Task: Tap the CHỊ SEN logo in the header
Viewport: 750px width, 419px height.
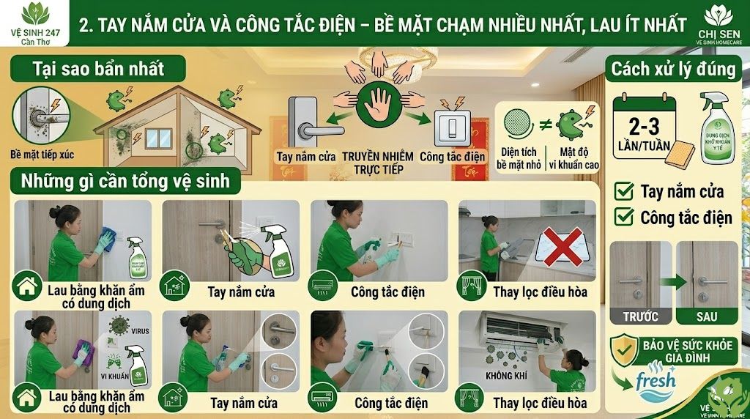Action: pos(718,16)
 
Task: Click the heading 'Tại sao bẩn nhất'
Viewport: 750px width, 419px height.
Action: pos(97,70)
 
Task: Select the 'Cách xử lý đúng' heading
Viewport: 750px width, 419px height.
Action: pos(673,70)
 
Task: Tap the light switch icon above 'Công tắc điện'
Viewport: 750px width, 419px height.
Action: pos(451,126)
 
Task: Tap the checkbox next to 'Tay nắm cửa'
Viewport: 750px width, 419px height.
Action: pos(625,192)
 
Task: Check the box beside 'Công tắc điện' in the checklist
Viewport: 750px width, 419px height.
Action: pos(625,217)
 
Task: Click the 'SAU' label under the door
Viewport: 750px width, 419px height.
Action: pos(707,317)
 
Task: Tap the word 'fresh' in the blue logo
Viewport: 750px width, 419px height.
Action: pos(656,382)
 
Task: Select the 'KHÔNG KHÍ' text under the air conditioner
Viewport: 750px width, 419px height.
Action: pos(507,376)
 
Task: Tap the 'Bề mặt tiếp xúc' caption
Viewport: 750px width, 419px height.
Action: pos(42,155)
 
